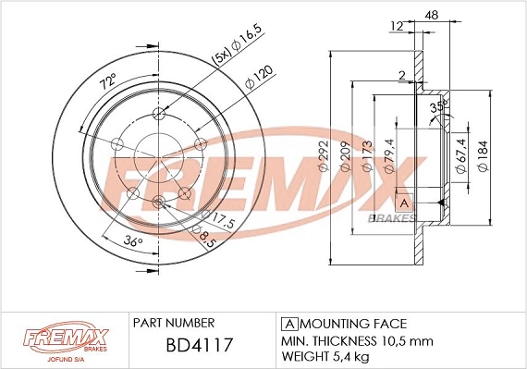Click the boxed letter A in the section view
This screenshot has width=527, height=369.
click(403, 202)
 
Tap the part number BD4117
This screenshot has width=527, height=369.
click(200, 346)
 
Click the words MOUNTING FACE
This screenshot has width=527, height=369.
click(353, 324)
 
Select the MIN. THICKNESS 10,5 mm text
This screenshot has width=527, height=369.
click(356, 340)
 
